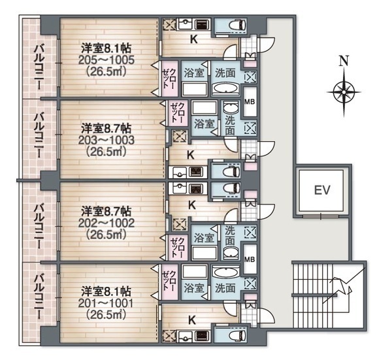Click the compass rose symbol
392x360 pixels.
click(x=344, y=91)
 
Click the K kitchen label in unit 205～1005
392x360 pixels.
click(x=193, y=39)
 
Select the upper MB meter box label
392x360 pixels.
click(x=250, y=102)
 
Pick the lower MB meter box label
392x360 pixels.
click(x=250, y=257)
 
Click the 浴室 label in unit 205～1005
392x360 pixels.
click(x=193, y=71)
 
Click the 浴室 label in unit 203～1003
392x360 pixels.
click(x=204, y=123)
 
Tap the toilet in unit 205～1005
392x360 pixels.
click(x=234, y=24)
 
